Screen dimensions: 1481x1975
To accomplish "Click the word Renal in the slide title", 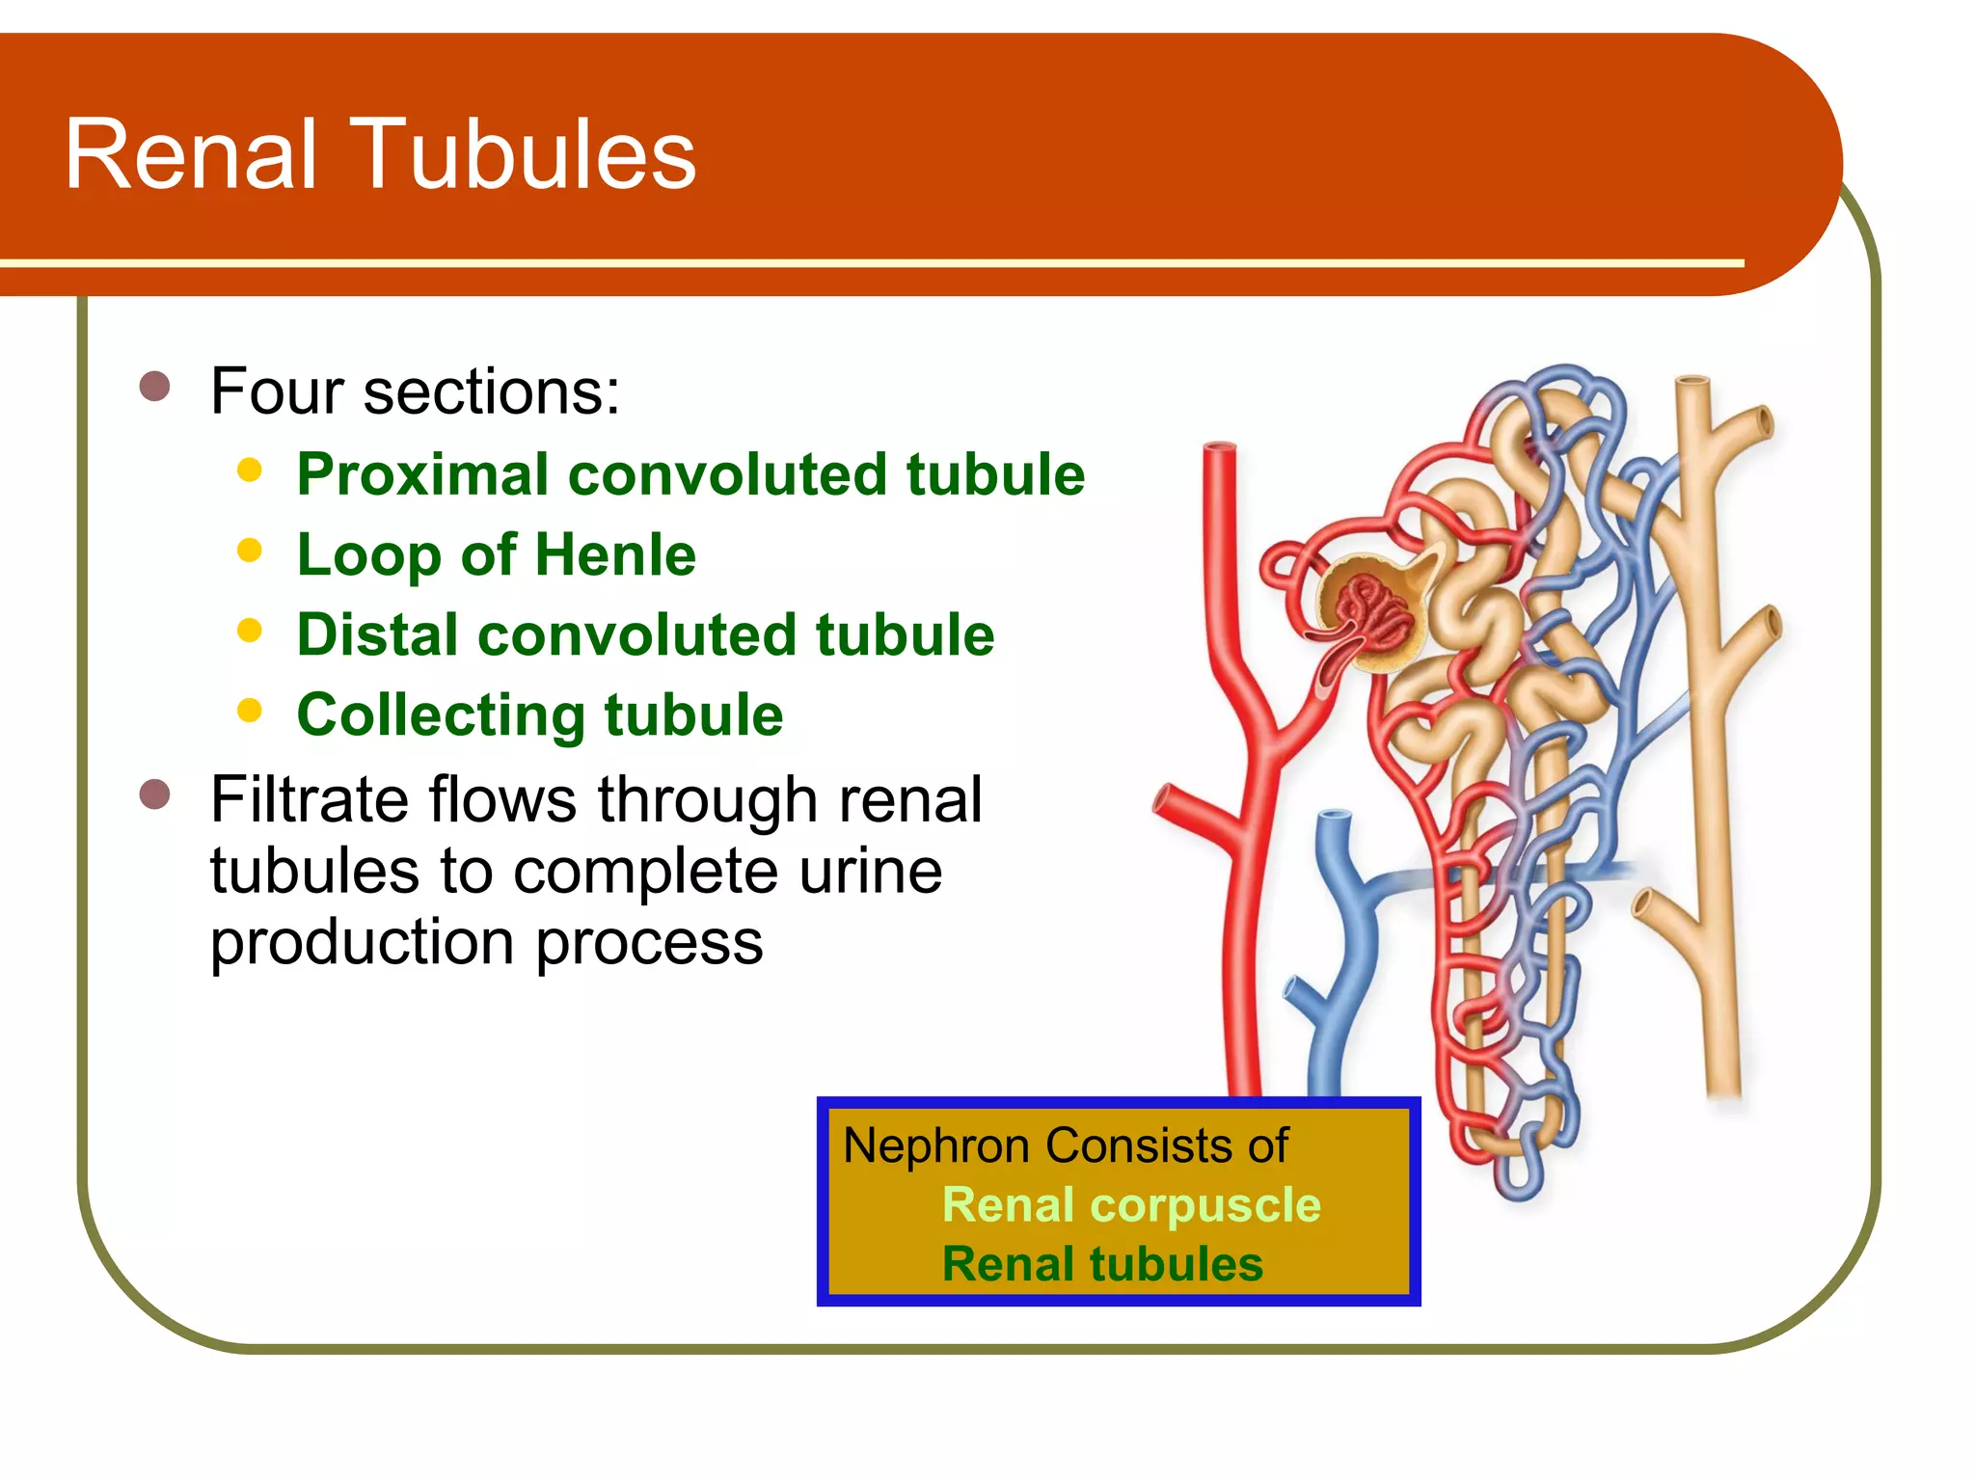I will (x=190, y=154).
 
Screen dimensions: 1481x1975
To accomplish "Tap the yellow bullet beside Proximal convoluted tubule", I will (x=250, y=471).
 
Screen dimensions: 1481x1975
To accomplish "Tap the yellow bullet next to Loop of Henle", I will (x=250, y=551).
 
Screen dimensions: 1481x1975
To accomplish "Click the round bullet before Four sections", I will (x=154, y=387).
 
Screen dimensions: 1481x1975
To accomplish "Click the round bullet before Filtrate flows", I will (x=154, y=795).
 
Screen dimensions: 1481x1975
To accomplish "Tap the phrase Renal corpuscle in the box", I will (x=1130, y=1205).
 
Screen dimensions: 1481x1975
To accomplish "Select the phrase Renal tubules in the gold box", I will (x=1102, y=1264).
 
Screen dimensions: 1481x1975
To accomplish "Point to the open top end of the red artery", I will (x=1220, y=448).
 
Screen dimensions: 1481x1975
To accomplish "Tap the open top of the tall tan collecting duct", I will (x=1691, y=382).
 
